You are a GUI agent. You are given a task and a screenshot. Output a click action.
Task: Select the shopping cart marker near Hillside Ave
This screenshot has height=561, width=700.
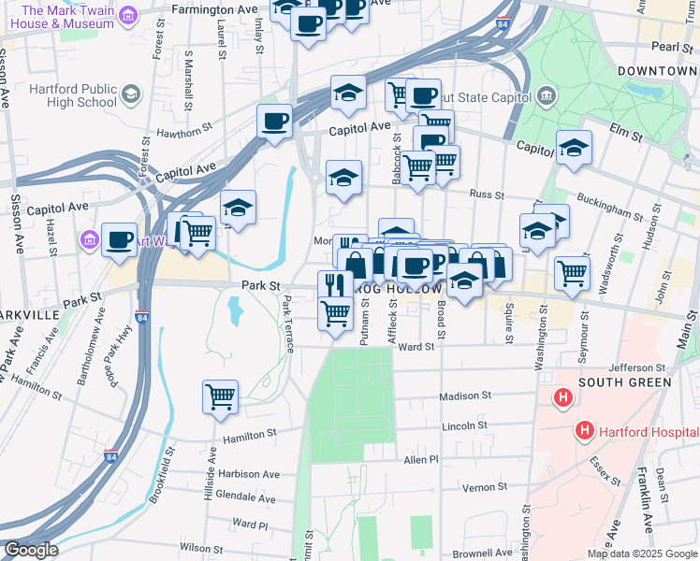[x=221, y=396]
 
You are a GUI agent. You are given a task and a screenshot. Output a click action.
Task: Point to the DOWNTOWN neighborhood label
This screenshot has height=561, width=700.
[x=658, y=71]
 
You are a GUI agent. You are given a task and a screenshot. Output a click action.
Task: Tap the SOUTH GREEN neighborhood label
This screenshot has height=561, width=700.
[x=624, y=382]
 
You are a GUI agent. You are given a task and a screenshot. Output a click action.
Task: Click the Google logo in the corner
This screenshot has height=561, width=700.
[x=30, y=550]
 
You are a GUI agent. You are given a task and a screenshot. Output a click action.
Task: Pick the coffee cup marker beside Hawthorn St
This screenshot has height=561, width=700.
[x=274, y=121]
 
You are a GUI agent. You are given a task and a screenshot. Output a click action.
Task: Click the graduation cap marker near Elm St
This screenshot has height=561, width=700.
[x=574, y=147]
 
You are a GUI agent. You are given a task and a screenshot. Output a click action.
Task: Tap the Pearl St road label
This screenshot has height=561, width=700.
[x=671, y=46]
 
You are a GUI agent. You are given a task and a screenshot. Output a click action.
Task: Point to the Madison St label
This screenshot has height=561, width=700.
[x=463, y=396]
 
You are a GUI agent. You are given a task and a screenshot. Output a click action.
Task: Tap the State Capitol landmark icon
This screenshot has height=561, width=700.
[x=546, y=96]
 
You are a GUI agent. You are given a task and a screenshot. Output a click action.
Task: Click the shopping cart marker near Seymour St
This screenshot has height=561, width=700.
[x=573, y=273]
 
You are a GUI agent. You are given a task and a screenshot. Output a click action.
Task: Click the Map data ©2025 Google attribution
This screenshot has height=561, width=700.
[x=642, y=554]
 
